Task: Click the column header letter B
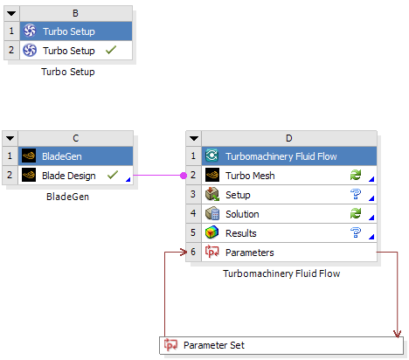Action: [75, 13]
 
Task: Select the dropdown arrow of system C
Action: [10, 138]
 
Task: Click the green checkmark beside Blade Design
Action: [113, 175]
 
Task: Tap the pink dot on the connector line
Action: [184, 176]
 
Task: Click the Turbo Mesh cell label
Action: [250, 176]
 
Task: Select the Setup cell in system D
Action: [238, 195]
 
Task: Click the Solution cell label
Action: [242, 214]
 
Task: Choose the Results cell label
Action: [241, 233]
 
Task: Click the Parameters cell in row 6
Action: [250, 253]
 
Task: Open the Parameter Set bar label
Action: [214, 345]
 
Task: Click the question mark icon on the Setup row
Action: [356, 194]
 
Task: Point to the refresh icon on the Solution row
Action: [356, 213]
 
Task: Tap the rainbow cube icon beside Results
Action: [211, 232]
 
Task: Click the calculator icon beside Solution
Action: [212, 213]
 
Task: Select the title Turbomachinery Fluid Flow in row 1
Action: [281, 156]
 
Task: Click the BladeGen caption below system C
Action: [67, 197]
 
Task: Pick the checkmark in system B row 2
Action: [111, 50]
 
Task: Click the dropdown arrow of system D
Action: [194, 138]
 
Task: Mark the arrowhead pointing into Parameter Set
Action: [398, 334]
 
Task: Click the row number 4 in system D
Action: [193, 213]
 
